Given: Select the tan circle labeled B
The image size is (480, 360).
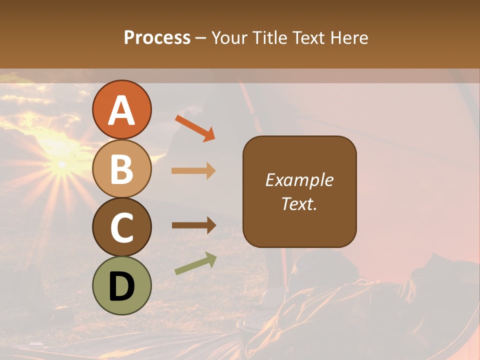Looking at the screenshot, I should click(121, 168).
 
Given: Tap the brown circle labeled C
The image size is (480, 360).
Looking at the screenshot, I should click(121, 227).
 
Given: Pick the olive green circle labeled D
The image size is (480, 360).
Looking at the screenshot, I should click(121, 285).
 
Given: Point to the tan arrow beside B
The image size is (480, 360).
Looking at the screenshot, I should click(193, 171).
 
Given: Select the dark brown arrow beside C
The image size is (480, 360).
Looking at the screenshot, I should click(193, 225).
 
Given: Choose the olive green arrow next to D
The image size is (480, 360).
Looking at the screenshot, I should click(195, 263).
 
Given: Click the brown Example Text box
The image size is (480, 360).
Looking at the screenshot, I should click(299, 191).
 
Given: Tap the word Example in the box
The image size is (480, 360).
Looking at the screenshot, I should click(299, 180).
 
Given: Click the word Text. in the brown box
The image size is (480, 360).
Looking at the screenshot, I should click(299, 203).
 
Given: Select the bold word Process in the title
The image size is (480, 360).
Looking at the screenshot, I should click(157, 37).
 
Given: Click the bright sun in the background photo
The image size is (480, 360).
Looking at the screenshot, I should click(61, 164).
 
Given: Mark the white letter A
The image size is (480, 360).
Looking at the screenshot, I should click(121, 110).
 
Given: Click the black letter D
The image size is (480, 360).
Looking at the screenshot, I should click(121, 286).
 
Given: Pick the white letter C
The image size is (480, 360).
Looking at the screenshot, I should click(121, 227).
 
